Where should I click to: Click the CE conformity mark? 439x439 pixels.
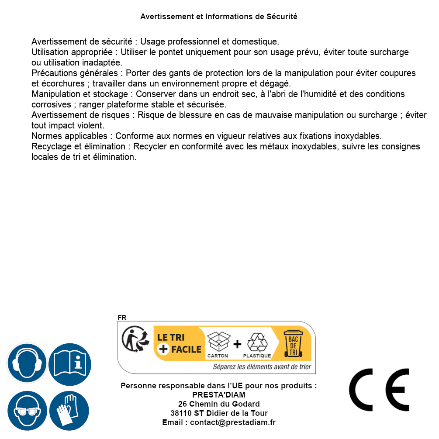click(x=379, y=390)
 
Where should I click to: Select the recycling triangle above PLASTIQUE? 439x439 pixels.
click(x=257, y=342)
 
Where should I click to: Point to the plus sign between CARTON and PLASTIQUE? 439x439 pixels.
click(x=237, y=344)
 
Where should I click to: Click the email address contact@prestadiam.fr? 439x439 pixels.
click(x=233, y=422)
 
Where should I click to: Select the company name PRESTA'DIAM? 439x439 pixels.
click(x=219, y=395)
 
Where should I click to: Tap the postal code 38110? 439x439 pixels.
click(x=181, y=413)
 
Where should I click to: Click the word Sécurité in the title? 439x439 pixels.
click(x=282, y=17)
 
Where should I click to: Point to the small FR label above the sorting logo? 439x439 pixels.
click(x=122, y=318)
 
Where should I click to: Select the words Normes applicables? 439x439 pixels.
click(x=69, y=136)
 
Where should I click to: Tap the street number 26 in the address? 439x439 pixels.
click(x=183, y=404)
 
